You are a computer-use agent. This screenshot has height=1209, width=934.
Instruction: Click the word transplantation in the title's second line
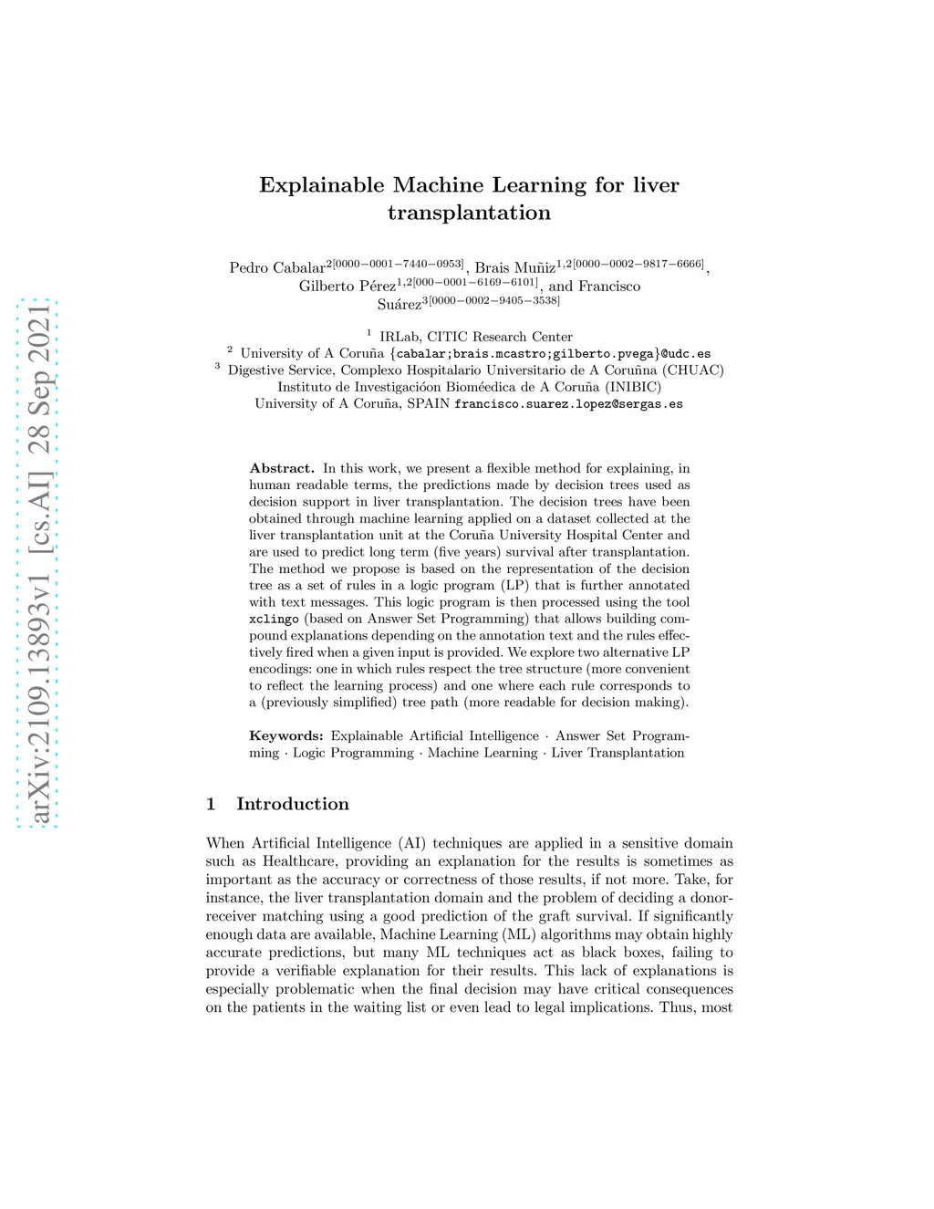(469, 214)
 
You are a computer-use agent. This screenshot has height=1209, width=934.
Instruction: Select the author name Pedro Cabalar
(277, 268)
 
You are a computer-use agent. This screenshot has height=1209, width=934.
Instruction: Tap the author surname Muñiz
(534, 268)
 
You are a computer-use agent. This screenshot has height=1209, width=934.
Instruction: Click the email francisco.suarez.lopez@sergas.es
(568, 403)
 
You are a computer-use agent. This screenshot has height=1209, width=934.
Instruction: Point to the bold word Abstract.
(282, 469)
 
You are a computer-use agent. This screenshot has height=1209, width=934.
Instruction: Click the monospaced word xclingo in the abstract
(274, 620)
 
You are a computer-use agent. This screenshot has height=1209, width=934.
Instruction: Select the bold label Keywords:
(286, 736)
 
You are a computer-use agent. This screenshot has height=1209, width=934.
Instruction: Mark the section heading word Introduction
(293, 804)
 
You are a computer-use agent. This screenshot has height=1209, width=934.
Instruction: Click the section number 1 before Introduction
(211, 804)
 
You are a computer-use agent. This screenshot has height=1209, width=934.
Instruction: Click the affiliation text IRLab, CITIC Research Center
(475, 337)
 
